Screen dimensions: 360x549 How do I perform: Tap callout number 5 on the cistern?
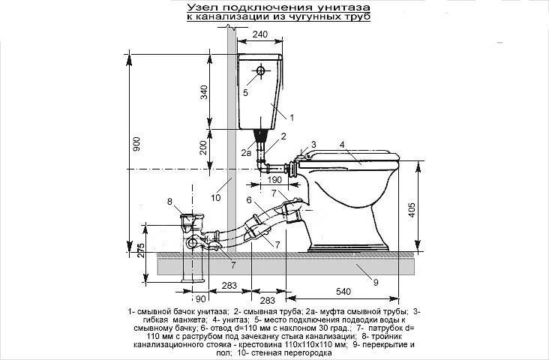[x=245, y=93]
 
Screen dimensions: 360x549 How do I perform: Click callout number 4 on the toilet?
[x=341, y=144]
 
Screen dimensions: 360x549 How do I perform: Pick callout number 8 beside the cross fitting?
[x=169, y=201]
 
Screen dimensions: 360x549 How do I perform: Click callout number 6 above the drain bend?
[x=247, y=200]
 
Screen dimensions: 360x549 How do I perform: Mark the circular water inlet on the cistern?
[x=260, y=71]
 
